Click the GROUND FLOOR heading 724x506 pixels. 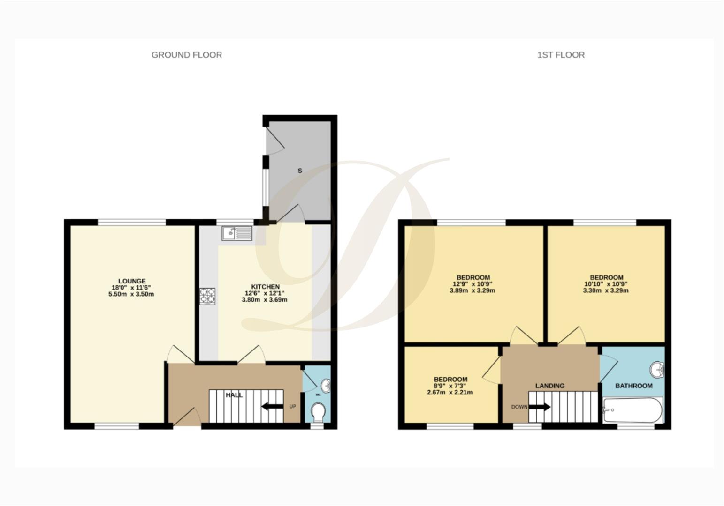(x=186, y=55)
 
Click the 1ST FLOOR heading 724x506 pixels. (x=561, y=55)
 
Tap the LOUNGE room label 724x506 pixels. (x=132, y=281)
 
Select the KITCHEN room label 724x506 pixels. (x=265, y=287)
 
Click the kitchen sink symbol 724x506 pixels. (x=237, y=233)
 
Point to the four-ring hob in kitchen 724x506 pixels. (x=207, y=296)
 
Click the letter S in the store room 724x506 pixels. (x=300, y=171)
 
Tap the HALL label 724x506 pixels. (x=234, y=395)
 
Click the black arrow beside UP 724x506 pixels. (x=272, y=406)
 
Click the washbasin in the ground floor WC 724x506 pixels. (x=325, y=386)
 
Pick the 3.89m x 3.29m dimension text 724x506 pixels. (x=472, y=290)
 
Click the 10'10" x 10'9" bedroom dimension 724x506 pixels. (x=606, y=284)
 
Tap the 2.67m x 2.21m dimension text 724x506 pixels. (x=450, y=393)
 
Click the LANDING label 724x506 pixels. (x=550, y=386)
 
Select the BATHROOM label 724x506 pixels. (x=633, y=386)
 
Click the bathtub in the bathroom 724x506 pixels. (x=633, y=410)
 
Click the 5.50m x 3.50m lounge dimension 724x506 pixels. (x=131, y=294)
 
